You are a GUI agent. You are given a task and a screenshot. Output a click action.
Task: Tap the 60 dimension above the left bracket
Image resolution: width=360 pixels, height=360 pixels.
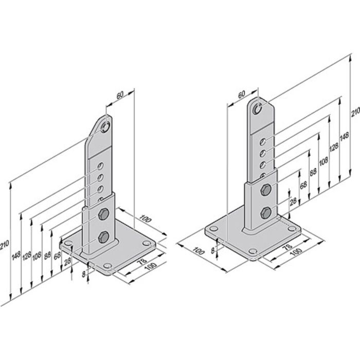[x=119, y=95]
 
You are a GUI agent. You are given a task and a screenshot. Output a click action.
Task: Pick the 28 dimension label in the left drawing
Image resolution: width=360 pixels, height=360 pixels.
[x=67, y=262]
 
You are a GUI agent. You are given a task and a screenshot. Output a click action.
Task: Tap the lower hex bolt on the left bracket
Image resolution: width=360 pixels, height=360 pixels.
[x=102, y=237]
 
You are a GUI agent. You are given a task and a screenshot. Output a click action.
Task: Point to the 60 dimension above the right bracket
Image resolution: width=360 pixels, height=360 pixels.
[x=241, y=96]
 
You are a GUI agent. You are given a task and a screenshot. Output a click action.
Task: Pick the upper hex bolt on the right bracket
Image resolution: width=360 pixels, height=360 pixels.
[x=266, y=191]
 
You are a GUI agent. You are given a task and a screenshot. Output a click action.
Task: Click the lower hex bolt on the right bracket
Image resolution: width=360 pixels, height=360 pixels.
[x=266, y=212]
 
